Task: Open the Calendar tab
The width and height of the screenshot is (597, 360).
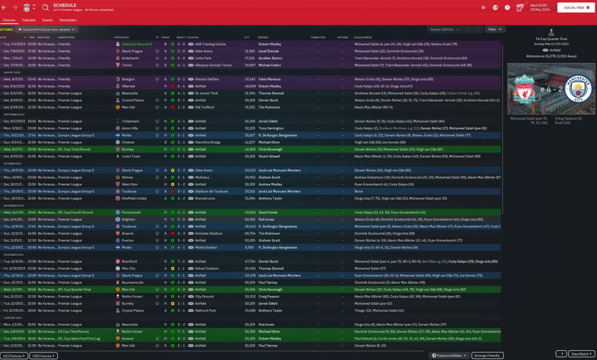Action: [29, 21]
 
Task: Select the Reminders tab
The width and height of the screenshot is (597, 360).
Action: [68, 21]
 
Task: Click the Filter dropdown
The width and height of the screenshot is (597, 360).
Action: [494, 29]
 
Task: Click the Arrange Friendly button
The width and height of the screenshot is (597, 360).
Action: [486, 355]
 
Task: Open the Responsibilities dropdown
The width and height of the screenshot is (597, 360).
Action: [449, 355]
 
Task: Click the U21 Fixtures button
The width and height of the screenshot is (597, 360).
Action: [14, 356]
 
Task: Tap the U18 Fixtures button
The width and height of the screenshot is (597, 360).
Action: [43, 356]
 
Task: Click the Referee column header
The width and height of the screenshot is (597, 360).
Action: [264, 37]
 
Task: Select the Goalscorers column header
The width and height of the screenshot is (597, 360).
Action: [363, 37]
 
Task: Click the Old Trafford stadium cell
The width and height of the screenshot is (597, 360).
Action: [205, 107]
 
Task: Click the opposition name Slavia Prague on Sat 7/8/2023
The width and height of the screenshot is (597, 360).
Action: [133, 51]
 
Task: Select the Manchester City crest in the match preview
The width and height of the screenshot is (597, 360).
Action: [579, 90]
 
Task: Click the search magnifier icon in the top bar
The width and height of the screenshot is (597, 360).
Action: [45, 7]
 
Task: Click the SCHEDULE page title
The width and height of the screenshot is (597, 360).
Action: [65, 5]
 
